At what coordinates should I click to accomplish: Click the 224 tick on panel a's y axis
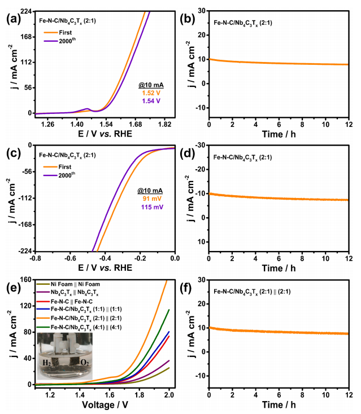[25, 12]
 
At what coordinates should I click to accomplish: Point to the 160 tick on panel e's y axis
[25, 279]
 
